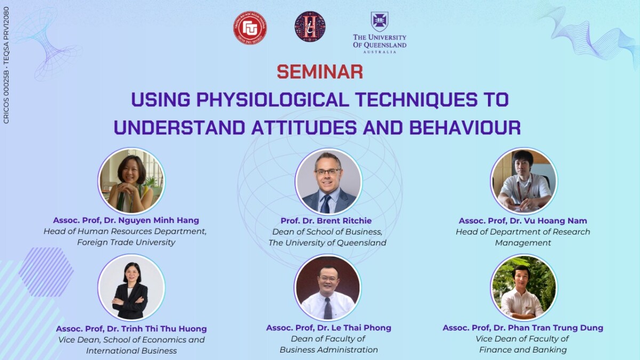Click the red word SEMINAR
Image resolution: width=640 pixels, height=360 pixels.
pyautogui.click(x=319, y=71)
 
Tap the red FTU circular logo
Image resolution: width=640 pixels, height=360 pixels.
pyautogui.click(x=250, y=28)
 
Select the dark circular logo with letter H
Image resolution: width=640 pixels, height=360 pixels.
pyautogui.click(x=310, y=27)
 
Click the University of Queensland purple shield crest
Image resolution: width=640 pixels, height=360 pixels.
pyautogui.click(x=379, y=21)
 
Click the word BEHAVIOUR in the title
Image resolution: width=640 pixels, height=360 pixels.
pyautogui.click(x=465, y=127)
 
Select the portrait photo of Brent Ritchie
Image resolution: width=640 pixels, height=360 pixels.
pyautogui.click(x=329, y=181)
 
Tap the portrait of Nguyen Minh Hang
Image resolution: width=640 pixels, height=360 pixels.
pyautogui.click(x=131, y=181)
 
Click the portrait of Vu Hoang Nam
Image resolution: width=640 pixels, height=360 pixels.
pyautogui.click(x=524, y=181)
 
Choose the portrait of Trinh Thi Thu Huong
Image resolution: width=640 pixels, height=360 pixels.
pyautogui.click(x=131, y=287)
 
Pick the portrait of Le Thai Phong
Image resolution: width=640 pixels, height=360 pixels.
pyautogui.click(x=327, y=287)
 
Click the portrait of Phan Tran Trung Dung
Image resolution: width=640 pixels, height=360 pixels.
pyautogui.click(x=524, y=287)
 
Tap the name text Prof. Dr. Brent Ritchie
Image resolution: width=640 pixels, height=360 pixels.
pyautogui.click(x=326, y=221)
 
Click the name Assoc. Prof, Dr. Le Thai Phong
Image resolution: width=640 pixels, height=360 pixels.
pyautogui.click(x=329, y=327)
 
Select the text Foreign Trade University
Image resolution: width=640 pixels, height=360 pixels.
pyautogui.click(x=126, y=242)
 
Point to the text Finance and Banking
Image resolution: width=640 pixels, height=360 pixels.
pyautogui.click(x=523, y=350)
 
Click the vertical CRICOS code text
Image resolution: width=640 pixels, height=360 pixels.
pyautogui.click(x=6, y=65)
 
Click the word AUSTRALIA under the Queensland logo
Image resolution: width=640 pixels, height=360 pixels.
pyautogui.click(x=380, y=52)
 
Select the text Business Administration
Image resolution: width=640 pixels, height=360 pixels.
pyautogui.click(x=329, y=350)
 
